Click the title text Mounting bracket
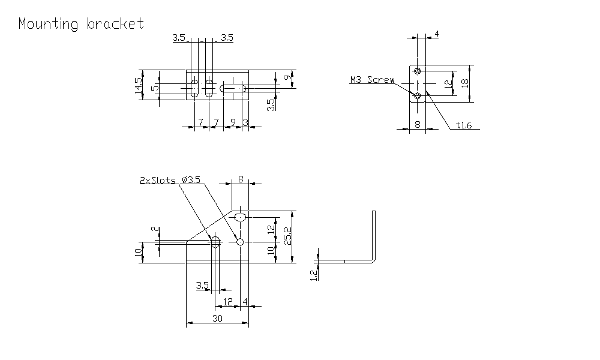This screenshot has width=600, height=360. [x=81, y=24]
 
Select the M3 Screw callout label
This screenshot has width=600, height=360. [x=373, y=79]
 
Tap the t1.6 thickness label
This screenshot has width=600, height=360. [x=464, y=125]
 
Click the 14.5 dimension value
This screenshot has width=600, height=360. [x=139, y=86]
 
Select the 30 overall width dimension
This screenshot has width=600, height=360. [x=217, y=319]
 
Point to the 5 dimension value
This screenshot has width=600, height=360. [x=155, y=88]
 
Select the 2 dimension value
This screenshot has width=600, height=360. [x=154, y=230]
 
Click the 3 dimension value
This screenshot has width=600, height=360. [x=245, y=122]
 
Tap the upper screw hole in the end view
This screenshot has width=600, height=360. [x=417, y=70]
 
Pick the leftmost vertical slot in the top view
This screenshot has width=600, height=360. [x=195, y=88]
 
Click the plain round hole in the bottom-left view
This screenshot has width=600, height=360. [x=240, y=242]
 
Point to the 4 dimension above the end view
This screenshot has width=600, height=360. [x=436, y=34]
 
